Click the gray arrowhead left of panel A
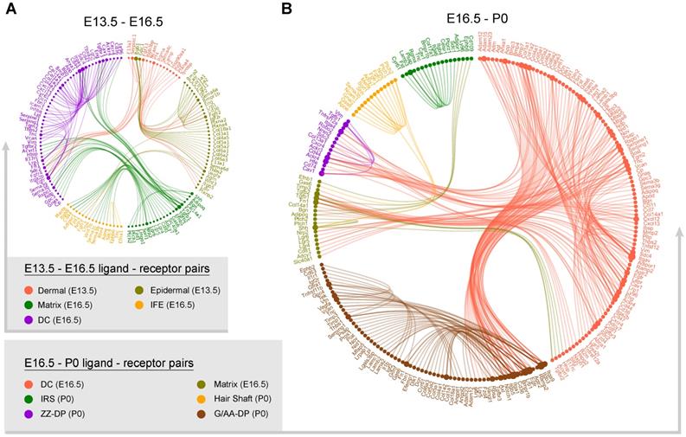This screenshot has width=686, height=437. coord(7,147)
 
